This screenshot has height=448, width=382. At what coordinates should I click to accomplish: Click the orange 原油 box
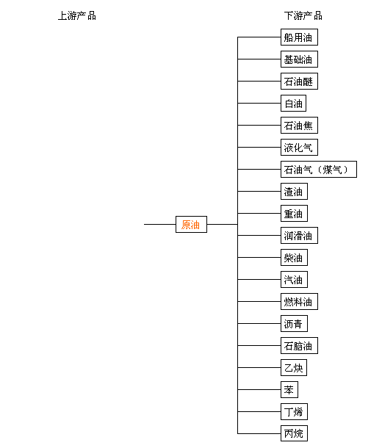click(x=191, y=224)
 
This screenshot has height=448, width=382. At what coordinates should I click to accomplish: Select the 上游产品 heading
click(x=77, y=15)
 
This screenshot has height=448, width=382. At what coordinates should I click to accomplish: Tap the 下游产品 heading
click(x=303, y=15)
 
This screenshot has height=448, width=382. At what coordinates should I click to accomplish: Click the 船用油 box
click(x=299, y=37)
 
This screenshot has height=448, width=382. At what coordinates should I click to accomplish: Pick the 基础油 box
click(x=299, y=59)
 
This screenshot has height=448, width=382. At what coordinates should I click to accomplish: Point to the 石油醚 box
click(x=299, y=81)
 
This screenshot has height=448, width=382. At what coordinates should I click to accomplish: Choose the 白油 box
click(x=293, y=103)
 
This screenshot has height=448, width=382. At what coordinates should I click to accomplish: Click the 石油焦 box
click(x=299, y=125)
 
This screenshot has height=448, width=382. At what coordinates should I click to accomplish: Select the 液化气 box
click(x=299, y=147)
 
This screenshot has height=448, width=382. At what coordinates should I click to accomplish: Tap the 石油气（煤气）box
click(x=319, y=169)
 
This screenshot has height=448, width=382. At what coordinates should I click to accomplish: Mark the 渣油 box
click(x=294, y=191)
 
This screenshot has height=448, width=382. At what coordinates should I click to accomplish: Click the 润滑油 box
click(x=299, y=236)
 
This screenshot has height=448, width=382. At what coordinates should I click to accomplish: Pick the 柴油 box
click(x=294, y=258)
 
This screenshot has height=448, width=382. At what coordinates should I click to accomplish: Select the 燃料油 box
click(x=299, y=301)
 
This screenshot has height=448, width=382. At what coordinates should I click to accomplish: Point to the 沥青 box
click(x=294, y=323)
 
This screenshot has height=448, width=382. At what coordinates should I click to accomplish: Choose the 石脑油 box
click(x=299, y=345)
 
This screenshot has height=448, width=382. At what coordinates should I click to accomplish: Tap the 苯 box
click(x=289, y=389)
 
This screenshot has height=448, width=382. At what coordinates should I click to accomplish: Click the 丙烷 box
click(x=294, y=433)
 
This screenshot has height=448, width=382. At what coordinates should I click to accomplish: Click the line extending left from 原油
click(x=159, y=224)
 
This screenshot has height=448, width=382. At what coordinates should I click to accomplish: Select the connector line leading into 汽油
click(x=259, y=279)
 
